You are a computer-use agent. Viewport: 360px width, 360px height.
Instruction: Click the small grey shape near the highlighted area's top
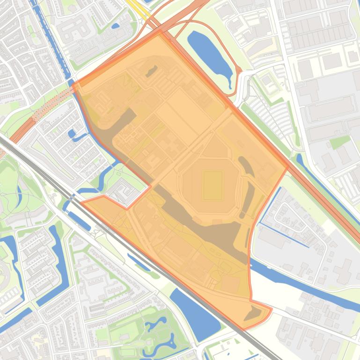point(151,72)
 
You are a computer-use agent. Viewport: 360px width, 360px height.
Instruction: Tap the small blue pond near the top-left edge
point(115,26)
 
